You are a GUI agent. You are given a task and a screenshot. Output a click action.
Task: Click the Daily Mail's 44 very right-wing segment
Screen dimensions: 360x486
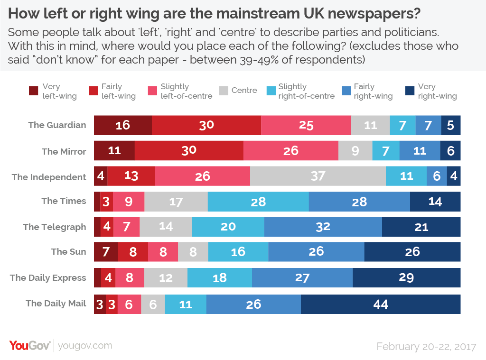[x=381, y=304]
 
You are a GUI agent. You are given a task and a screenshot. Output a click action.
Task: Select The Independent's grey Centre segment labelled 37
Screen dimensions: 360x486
[x=318, y=176]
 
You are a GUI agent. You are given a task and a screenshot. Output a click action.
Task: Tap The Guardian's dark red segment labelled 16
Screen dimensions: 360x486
[x=123, y=125]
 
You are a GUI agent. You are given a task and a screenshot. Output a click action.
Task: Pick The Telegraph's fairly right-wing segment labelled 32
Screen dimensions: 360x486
[x=323, y=227]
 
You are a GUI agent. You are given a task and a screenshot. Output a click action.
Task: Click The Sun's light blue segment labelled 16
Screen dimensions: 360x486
[x=238, y=251]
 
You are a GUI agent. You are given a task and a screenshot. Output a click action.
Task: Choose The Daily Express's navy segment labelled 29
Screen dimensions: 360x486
[x=406, y=277]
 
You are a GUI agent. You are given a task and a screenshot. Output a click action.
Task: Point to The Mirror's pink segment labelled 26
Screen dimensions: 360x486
[x=290, y=151]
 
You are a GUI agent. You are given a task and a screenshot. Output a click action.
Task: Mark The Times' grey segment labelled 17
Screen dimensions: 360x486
[x=176, y=202]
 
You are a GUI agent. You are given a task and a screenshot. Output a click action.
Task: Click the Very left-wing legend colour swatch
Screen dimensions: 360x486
[x=34, y=91]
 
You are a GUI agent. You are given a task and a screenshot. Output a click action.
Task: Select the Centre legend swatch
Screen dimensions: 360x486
[x=223, y=91]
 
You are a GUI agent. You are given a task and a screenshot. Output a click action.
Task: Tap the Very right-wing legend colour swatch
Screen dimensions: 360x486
[x=409, y=91]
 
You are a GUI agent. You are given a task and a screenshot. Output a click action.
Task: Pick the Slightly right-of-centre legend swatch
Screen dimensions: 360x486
[x=270, y=91]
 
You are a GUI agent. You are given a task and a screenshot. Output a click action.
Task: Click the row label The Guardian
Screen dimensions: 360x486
[x=57, y=125]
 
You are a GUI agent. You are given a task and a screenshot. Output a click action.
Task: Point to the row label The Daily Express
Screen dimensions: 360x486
[x=48, y=278]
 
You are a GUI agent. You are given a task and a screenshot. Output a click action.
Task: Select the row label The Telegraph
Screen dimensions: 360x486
[x=55, y=227]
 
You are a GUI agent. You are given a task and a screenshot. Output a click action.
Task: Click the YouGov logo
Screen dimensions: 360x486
[x=29, y=345]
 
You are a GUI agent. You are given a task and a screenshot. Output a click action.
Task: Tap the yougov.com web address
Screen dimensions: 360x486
[x=85, y=346]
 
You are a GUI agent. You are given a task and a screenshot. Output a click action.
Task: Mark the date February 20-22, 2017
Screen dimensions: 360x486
[x=426, y=347]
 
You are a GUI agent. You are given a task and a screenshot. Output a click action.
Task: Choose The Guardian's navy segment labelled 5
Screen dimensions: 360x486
[x=450, y=125]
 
